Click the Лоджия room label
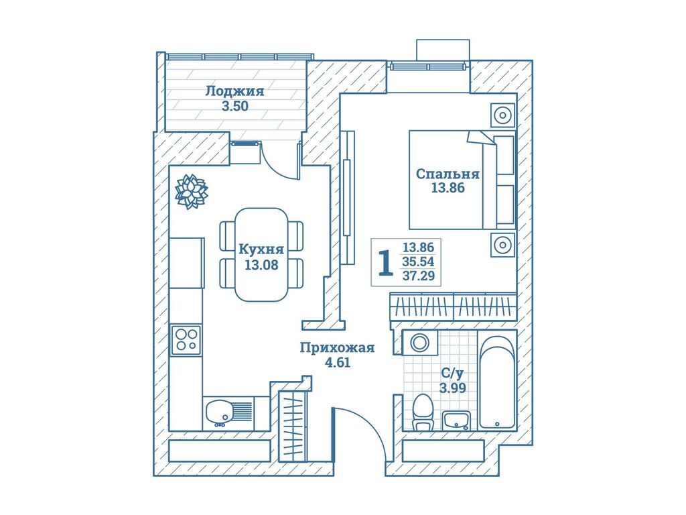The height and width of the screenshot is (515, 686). click(234, 91)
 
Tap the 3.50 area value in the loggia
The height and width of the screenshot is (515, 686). click(234, 106)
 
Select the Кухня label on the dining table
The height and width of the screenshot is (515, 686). click(261, 249)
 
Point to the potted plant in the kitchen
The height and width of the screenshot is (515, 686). click(191, 192)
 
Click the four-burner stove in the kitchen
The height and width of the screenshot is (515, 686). click(186, 340)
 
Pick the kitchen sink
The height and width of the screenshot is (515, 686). click(222, 410)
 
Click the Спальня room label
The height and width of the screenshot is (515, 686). click(448, 174)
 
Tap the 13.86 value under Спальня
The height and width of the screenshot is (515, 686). click(448, 188)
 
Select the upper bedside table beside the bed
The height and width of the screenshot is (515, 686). click(502, 116)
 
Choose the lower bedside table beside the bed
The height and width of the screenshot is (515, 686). click(502, 245)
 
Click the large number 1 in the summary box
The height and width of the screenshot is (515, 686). click(385, 264)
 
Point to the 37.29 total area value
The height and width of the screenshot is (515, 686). click(419, 276)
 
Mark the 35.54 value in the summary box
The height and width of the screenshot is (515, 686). click(419, 262)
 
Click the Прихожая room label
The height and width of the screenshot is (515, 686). click(337, 347)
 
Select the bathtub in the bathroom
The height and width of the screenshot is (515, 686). click(497, 382)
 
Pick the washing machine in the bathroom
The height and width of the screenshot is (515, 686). click(420, 343)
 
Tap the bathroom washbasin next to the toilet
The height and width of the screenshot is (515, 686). click(458, 420)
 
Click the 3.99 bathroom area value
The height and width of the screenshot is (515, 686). click(452, 387)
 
